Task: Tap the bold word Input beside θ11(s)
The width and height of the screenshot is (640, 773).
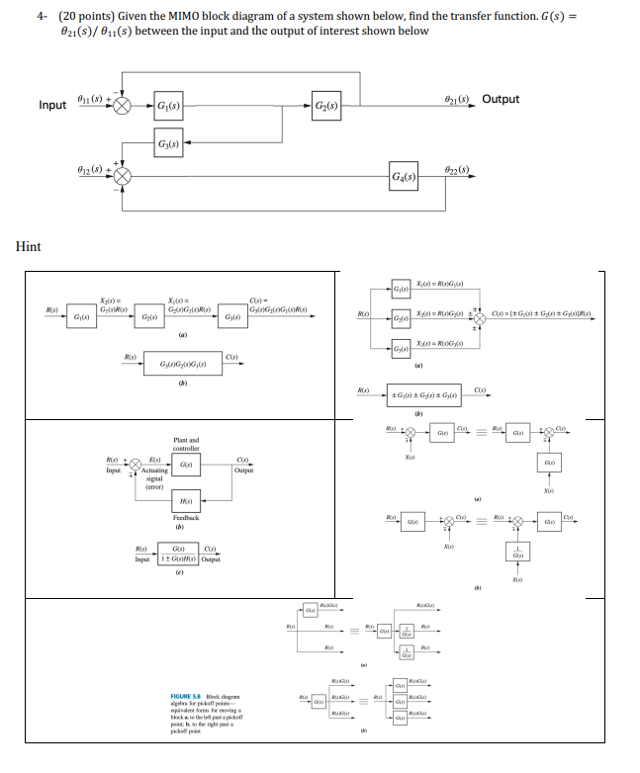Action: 53,105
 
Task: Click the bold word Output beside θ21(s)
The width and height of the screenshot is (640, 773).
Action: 501,99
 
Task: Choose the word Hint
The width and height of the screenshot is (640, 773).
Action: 29,246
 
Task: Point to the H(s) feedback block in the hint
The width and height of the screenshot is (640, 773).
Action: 186,500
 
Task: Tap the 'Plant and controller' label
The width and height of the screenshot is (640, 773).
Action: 186,444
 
